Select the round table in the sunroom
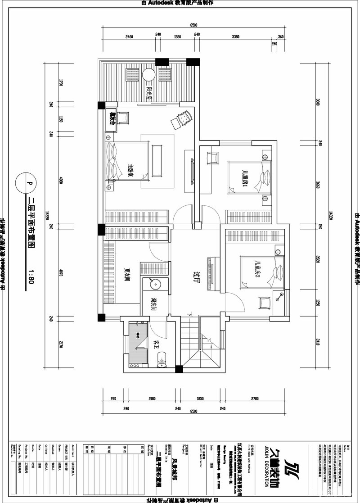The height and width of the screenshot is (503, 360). pos(148,75)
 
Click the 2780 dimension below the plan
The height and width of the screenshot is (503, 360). pos(255,398)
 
